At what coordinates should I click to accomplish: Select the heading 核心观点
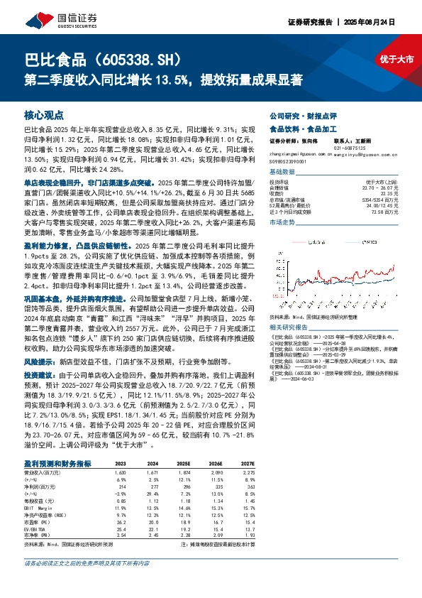[44, 114]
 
